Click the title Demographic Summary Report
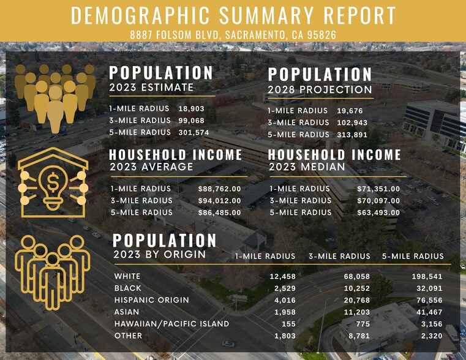tap(233, 15)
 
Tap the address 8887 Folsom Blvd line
tap(233, 34)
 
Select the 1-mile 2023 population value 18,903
tap(191, 108)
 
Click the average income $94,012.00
tap(219, 200)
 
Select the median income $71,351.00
tap(378, 189)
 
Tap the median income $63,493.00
tap(378, 212)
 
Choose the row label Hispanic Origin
tap(151, 300)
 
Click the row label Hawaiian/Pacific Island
tap(171, 323)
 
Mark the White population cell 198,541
tap(427, 276)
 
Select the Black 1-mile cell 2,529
tap(283, 288)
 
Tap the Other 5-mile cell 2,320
tap(430, 336)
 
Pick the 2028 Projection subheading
tap(319, 90)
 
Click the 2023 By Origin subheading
tap(159, 254)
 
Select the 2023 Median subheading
tap(306, 167)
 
